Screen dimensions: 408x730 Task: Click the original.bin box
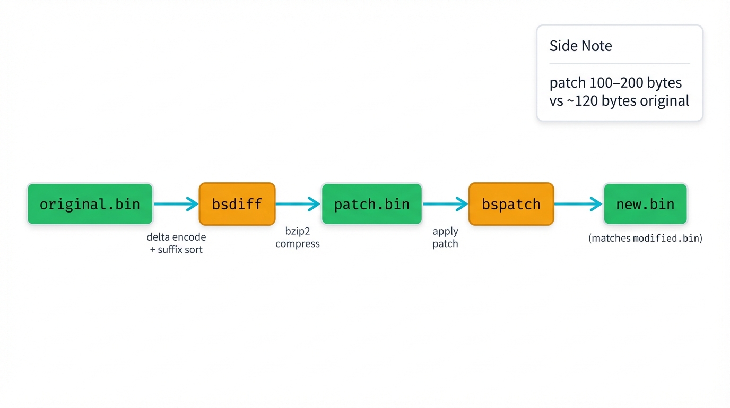tap(90, 204)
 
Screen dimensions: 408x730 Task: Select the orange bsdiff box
tap(237, 204)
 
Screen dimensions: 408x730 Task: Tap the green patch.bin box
tap(371, 204)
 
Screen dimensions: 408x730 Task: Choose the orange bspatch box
tap(511, 204)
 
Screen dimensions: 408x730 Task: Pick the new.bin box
tap(645, 204)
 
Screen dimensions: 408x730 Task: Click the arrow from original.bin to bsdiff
tap(176, 203)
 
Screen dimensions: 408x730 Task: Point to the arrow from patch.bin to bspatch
tap(445, 203)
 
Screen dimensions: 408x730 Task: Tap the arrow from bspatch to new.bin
tap(578, 203)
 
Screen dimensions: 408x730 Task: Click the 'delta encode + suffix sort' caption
tap(176, 243)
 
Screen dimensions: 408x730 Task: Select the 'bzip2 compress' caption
tap(298, 237)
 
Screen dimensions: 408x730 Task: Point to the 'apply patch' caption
tap(445, 237)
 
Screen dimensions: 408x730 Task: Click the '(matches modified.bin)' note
tap(645, 239)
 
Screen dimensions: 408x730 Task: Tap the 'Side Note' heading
tap(580, 46)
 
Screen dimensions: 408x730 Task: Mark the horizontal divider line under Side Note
tap(619, 64)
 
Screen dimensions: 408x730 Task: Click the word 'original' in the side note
tap(664, 100)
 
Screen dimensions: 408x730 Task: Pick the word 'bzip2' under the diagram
tap(298, 232)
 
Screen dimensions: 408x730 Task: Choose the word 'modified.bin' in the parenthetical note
tap(666, 239)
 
